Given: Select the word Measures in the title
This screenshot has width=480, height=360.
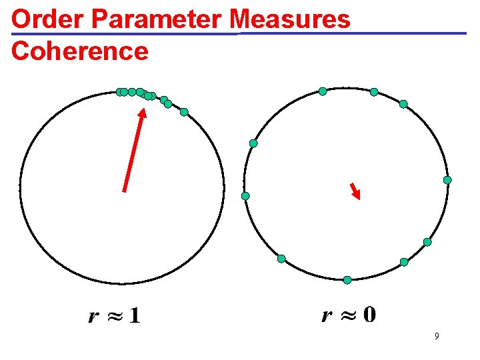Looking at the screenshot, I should coord(294,19).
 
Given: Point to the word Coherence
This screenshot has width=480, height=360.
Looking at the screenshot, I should coord(80,51).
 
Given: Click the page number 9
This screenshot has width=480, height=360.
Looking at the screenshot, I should coord(437,337).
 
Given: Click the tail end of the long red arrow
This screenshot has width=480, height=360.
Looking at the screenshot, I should coord(124,190).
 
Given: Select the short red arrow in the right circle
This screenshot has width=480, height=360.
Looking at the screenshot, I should coord(355,191).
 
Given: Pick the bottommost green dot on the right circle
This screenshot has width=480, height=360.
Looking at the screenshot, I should coord(347,280).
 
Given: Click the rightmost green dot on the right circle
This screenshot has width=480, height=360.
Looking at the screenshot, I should coord(447,180).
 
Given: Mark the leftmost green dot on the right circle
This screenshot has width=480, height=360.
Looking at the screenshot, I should coord(245,196).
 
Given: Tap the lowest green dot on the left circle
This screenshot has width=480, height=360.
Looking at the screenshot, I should coord(184,112).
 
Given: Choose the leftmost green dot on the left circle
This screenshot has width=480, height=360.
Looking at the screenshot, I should coord(120,92).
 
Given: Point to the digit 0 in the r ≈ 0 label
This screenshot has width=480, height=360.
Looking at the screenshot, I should coord(369,314).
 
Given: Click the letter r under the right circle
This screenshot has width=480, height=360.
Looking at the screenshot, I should coord(327,315).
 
